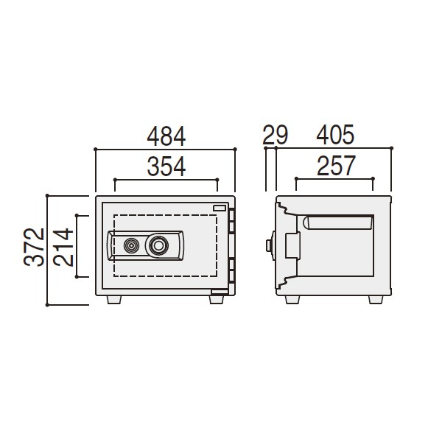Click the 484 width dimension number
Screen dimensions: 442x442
(x=166, y=136)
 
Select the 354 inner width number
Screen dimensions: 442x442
(x=166, y=166)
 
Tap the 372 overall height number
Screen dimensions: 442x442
(x=34, y=248)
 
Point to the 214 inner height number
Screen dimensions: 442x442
(x=63, y=248)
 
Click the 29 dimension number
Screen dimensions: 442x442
(x=275, y=135)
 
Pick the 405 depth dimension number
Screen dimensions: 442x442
(x=335, y=135)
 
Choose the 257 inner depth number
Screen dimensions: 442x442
(x=336, y=166)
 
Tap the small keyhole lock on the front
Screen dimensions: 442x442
(x=131, y=246)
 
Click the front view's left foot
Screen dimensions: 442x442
(x=114, y=299)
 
